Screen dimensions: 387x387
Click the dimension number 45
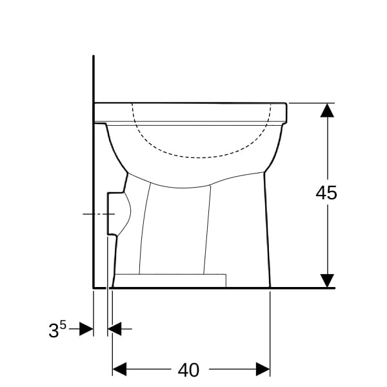coord(326,193)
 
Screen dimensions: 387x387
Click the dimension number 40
coord(188,370)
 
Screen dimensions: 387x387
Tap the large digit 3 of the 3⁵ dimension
coord(54,331)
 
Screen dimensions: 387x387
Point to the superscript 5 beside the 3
coord(63,326)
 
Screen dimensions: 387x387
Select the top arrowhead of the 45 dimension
coord(327,110)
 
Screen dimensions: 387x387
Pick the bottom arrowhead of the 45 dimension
coord(327,281)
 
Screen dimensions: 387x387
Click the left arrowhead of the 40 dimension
coord(119,369)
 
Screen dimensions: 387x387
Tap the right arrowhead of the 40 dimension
coord(263,369)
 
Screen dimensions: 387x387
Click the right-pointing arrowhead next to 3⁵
coord(86,329)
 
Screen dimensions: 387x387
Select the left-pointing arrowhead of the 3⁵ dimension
coord(115,329)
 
